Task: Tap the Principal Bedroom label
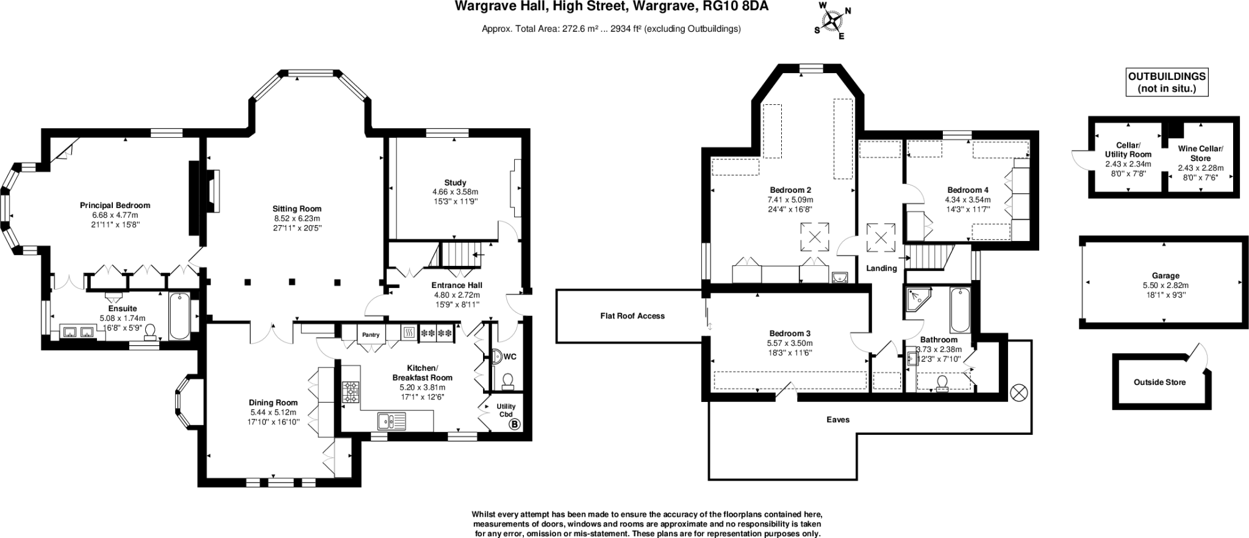coord(115,206)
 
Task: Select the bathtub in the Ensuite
coord(179,315)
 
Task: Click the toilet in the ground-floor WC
coord(507,382)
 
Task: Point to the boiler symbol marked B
coord(514,424)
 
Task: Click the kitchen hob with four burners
coord(351,392)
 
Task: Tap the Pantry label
coord(370,334)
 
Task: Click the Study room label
coord(455,182)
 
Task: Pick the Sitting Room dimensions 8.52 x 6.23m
coord(296,218)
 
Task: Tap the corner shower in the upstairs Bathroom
coord(917,299)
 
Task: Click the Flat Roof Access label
coord(632,316)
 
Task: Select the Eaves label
coord(837,420)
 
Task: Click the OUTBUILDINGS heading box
coord(1166,82)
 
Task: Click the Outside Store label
coord(1159,382)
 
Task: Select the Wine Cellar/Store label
coord(1200,153)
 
